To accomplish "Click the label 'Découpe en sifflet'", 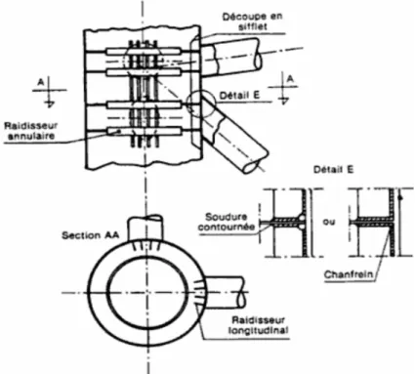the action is [252, 21].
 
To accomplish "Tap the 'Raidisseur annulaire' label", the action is [31, 131].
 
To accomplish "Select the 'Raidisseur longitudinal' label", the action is [259, 325].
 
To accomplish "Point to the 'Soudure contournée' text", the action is [227, 222].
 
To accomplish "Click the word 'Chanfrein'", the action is [349, 274].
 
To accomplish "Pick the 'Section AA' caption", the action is [91, 235].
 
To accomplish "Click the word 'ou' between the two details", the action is [329, 222].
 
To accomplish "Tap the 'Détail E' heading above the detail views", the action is [333, 170].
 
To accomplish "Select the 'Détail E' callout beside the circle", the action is [239, 96].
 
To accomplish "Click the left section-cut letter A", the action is [41, 82].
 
